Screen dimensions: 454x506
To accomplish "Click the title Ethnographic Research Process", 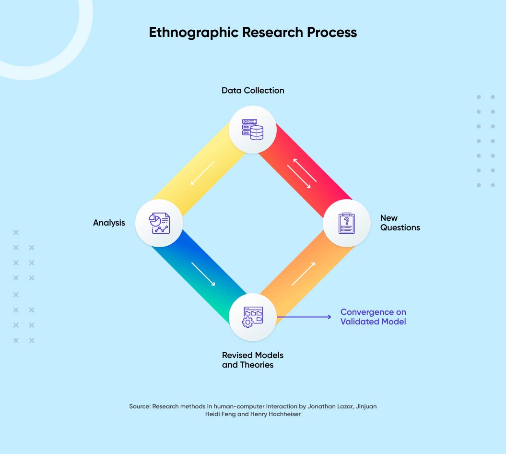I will coord(253,32).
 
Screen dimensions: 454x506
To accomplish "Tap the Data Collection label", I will coord(253,90).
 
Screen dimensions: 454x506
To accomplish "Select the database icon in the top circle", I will coord(253,129).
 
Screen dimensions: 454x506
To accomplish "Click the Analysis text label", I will coord(109,223).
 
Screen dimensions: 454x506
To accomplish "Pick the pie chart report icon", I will coord(159,223).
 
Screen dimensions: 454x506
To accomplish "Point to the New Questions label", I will coord(400,223).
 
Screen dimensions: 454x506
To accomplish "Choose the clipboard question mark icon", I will coord(346,223).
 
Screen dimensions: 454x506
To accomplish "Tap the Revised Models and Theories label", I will coord(253,360).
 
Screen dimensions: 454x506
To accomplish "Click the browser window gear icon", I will coord(253,317).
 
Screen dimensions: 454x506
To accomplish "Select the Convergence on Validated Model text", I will coord(373,317).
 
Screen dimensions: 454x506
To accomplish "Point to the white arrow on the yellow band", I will coord(202,173).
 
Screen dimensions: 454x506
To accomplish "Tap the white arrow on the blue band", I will coord(203,274).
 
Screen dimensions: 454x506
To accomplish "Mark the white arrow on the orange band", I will coord(303,274).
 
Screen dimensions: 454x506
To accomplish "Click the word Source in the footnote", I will coord(140,406).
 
